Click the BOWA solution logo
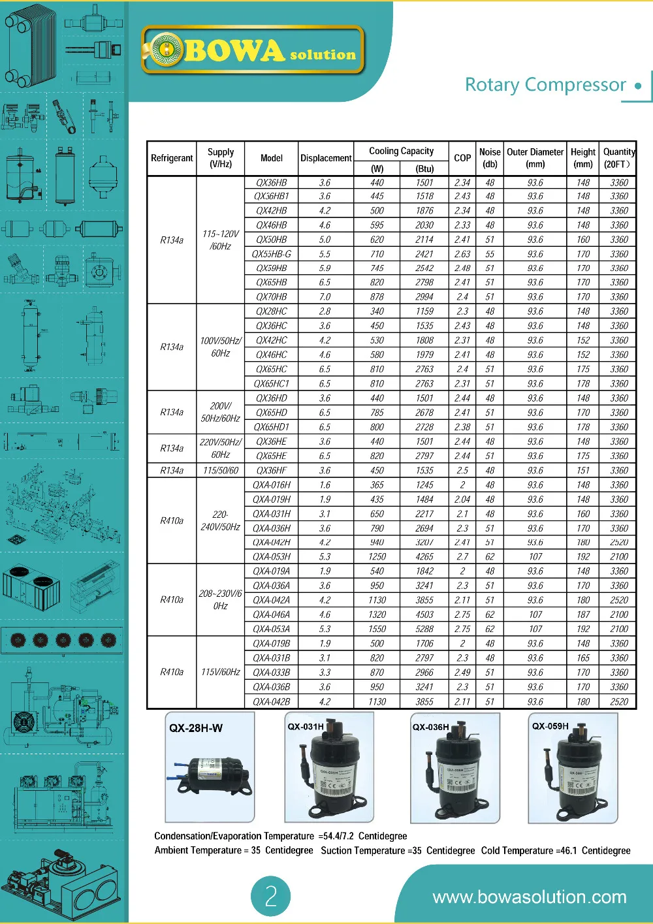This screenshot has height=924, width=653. tap(253, 50)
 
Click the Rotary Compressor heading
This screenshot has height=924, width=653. tap(545, 85)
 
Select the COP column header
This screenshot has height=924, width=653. tap(462, 158)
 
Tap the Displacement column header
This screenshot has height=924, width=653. tap(326, 158)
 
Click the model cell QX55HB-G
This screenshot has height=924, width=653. tap(272, 254)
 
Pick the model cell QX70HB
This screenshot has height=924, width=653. tap(272, 297)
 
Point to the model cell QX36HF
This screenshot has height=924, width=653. tap(272, 471)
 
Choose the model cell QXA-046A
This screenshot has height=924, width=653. tap(272, 614)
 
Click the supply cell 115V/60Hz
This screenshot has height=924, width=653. tap(221, 672)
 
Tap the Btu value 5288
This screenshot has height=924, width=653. tap(424, 629)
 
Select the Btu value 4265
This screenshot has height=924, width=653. tap(424, 557)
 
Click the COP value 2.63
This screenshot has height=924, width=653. tap(462, 254)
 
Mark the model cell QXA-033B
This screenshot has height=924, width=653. tap(272, 673)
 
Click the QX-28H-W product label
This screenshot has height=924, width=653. tap(196, 728)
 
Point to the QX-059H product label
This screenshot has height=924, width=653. tap(550, 726)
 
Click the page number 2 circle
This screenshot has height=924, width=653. tap(271, 896)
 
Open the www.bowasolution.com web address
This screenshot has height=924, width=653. tap(530, 897)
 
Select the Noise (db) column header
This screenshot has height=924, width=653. tap(490, 158)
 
